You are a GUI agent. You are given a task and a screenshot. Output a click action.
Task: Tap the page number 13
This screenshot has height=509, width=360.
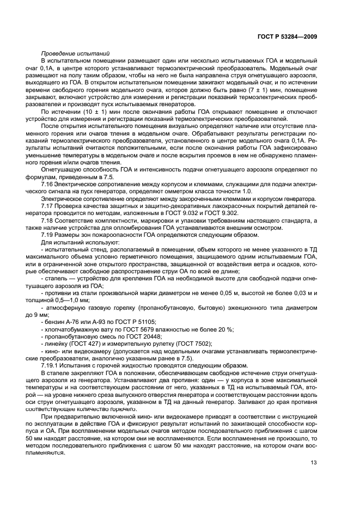(314, 463)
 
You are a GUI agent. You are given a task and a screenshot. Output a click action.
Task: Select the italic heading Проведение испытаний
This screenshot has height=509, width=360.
(75, 53)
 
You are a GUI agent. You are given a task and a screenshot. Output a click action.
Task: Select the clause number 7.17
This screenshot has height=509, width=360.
(48, 207)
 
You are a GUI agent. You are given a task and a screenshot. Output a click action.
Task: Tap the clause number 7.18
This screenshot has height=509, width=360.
(48, 221)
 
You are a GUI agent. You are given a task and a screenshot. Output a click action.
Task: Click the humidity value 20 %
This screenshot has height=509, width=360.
(224, 329)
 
